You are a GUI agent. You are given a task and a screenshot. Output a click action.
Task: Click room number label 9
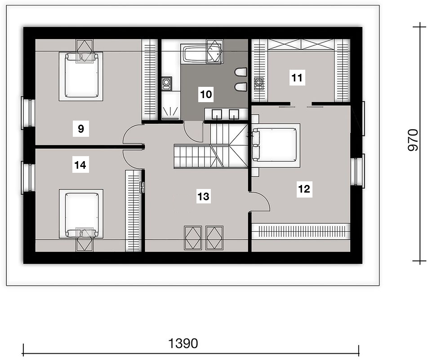pyautogui.click(x=81, y=128)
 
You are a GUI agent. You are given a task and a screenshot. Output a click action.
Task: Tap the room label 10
pyautogui.click(x=206, y=94)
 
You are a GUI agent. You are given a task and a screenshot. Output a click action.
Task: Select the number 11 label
pyautogui.click(x=297, y=77)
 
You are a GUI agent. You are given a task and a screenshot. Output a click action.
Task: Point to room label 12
pyautogui.click(x=304, y=189)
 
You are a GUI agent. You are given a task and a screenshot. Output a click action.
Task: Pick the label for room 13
pyautogui.click(x=203, y=196)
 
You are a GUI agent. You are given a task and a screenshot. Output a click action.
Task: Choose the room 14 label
pyautogui.click(x=80, y=165)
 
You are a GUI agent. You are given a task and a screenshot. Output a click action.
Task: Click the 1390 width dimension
pyautogui.click(x=183, y=343)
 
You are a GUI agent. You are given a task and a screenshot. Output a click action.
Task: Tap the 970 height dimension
pyautogui.click(x=413, y=140)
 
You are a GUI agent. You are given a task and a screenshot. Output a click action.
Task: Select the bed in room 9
pyautogui.click(x=81, y=76)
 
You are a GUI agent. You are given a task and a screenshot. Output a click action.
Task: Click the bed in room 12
pyautogui.click(x=276, y=145)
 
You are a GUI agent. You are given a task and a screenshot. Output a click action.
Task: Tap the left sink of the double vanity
pyautogui.click(x=217, y=114)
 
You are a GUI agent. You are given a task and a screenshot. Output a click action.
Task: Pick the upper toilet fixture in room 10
pyautogui.click(x=241, y=72)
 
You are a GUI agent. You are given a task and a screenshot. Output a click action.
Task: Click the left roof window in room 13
pyautogui.click(x=193, y=238)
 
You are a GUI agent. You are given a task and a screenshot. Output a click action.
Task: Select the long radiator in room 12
pyautogui.click(x=301, y=232)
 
